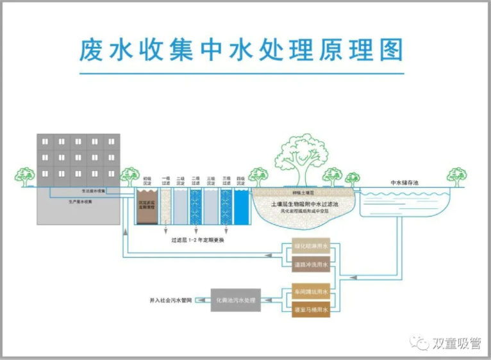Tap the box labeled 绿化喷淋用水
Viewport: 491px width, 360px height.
point(310,247)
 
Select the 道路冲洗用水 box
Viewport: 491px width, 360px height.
point(310,264)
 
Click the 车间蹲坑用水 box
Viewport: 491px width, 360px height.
point(310,292)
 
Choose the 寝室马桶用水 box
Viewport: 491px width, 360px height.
point(310,309)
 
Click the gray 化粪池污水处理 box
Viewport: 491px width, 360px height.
point(236,300)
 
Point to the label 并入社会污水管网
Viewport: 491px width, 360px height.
point(171,300)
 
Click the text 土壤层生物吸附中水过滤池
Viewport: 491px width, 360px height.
point(304,204)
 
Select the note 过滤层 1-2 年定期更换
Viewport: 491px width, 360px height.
point(197,240)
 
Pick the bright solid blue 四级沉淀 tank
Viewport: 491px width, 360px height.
point(241,206)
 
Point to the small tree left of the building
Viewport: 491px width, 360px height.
point(25,176)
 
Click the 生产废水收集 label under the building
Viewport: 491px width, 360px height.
point(81,201)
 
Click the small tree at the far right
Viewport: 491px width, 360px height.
point(457,176)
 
